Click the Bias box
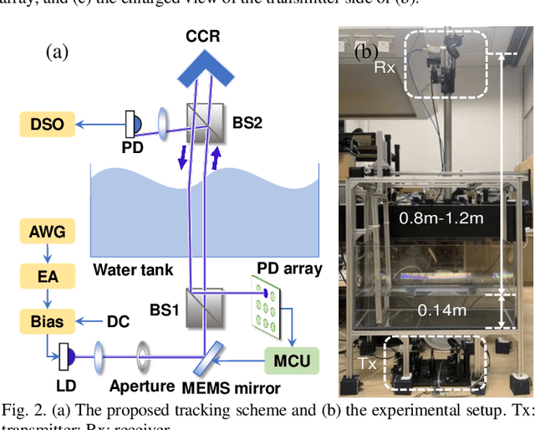click(47, 319)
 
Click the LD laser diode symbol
click(65, 358)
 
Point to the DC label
click(118, 320)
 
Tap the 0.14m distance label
click(442, 310)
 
